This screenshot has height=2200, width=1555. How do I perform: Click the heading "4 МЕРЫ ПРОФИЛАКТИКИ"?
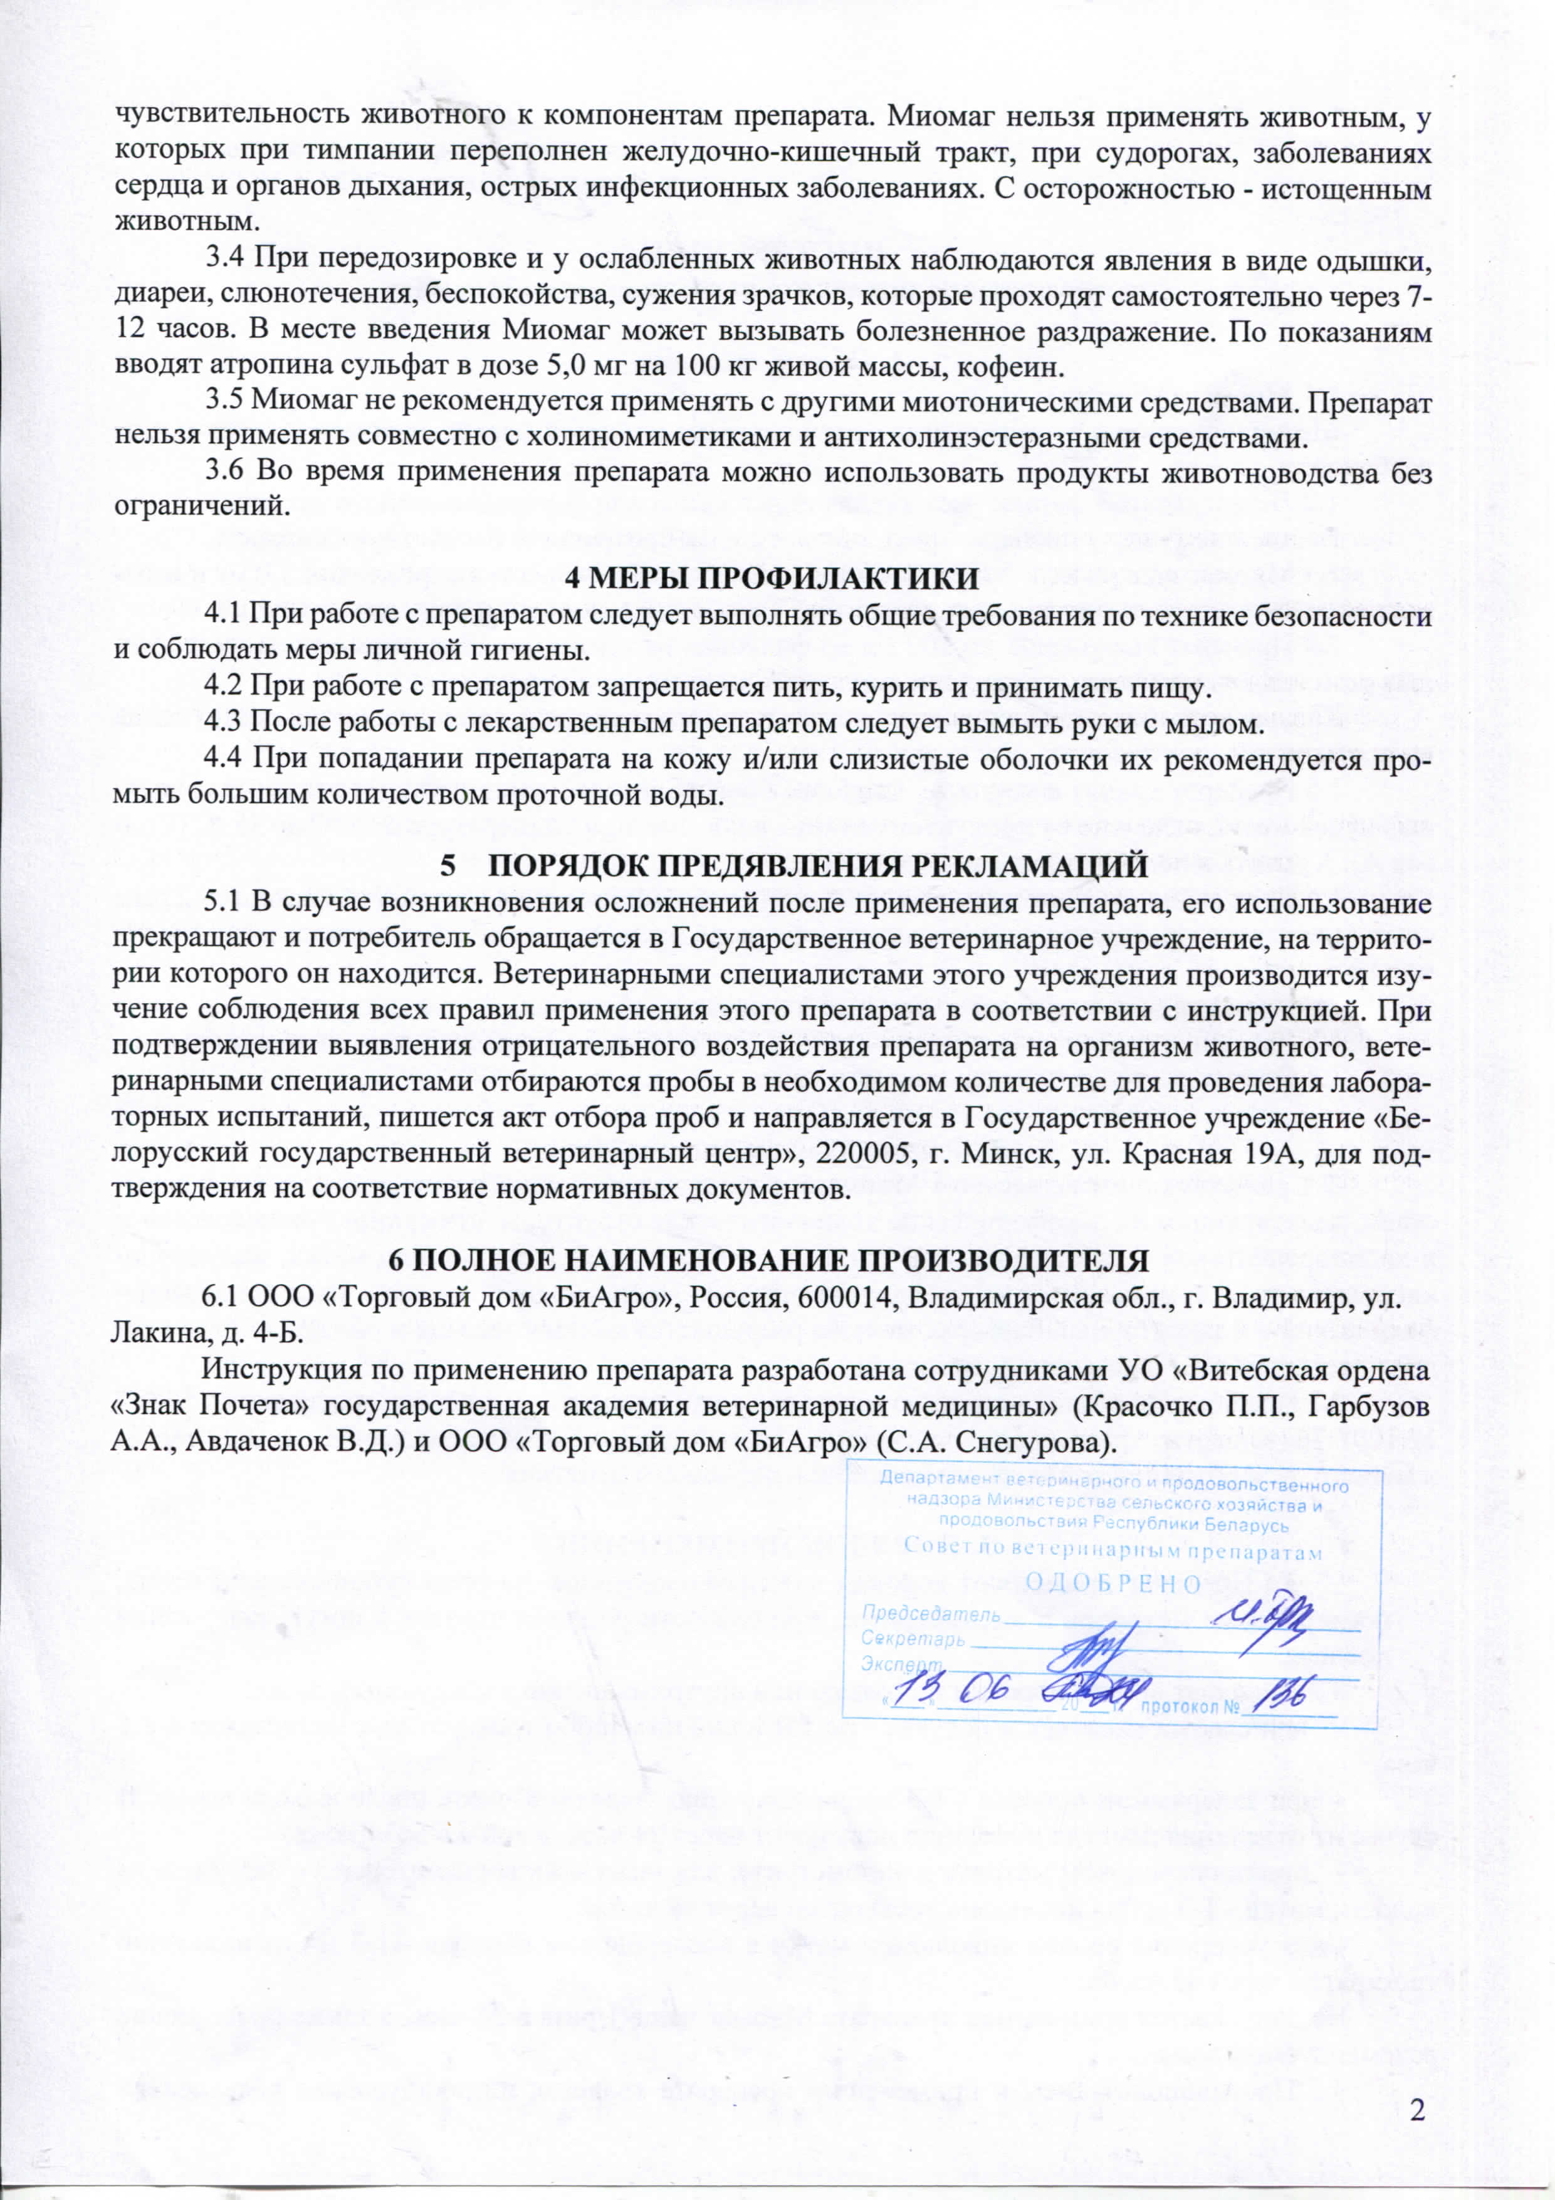pyautogui.click(x=772, y=579)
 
